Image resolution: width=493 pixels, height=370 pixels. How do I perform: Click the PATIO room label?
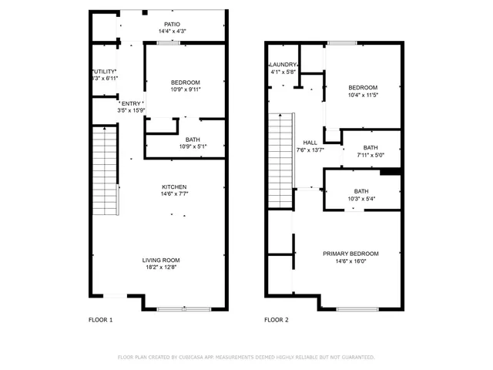pyautogui.click(x=172, y=24)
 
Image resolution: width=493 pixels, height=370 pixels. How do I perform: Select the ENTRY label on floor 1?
pyautogui.click(x=131, y=103)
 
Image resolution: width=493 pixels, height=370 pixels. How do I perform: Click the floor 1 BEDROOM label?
pyautogui.click(x=185, y=82)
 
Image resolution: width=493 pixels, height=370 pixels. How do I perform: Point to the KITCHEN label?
pyautogui.click(x=173, y=187)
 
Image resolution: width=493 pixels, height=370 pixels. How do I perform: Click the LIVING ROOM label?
pyautogui.click(x=160, y=260)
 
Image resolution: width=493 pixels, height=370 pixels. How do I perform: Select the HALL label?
pyautogui.click(x=310, y=143)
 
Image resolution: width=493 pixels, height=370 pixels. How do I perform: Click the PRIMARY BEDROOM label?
pyautogui.click(x=350, y=254)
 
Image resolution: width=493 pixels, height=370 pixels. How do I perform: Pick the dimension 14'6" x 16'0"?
pyautogui.click(x=350, y=261)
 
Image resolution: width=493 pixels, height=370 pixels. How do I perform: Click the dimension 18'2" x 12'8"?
pyautogui.click(x=160, y=267)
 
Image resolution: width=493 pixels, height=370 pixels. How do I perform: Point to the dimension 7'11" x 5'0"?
pyautogui.click(x=371, y=155)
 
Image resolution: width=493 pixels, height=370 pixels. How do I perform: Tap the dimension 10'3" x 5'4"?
pyautogui.click(x=361, y=199)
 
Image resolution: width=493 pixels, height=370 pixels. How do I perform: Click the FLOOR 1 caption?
pyautogui.click(x=101, y=320)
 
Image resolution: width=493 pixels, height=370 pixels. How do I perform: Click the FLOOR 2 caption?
pyautogui.click(x=277, y=320)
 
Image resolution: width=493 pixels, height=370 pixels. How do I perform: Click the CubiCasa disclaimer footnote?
pyautogui.click(x=246, y=358)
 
